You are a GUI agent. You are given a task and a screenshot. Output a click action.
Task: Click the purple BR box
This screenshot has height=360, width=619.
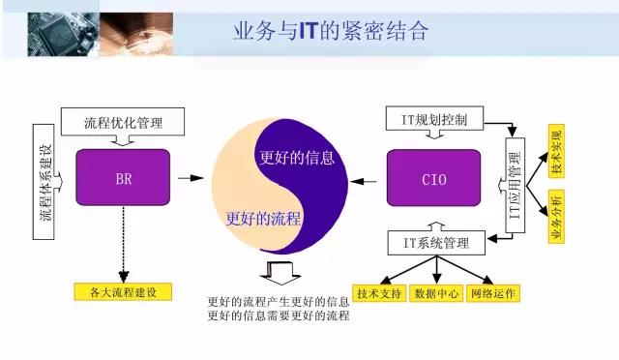tap(123, 179)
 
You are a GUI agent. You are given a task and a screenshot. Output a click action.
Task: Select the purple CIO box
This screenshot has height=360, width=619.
tap(434, 179)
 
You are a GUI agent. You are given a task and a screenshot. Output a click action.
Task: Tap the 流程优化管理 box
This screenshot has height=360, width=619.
tap(123, 122)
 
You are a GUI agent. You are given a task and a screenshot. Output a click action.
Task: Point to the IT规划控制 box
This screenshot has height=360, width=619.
tap(434, 121)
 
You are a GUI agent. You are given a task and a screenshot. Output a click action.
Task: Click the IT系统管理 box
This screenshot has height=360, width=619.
tap(434, 242)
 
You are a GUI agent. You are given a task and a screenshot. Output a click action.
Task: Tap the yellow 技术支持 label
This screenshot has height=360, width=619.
tap(378, 292)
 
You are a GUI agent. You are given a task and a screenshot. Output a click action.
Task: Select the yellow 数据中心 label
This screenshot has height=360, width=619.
tap(434, 292)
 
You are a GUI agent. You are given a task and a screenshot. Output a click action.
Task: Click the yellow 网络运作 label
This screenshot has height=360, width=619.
tap(492, 292)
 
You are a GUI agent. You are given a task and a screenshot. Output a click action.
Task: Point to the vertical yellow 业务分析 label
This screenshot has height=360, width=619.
tap(556, 217)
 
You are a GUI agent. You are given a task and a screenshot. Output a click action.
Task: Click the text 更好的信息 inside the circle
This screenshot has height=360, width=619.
tap(297, 158)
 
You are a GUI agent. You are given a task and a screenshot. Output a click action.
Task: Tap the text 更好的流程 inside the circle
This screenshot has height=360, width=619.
tap(262, 217)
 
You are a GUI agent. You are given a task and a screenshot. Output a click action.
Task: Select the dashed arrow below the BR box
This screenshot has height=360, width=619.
tap(123, 246)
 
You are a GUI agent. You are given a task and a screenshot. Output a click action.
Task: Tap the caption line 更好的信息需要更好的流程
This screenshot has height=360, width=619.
tap(279, 316)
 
